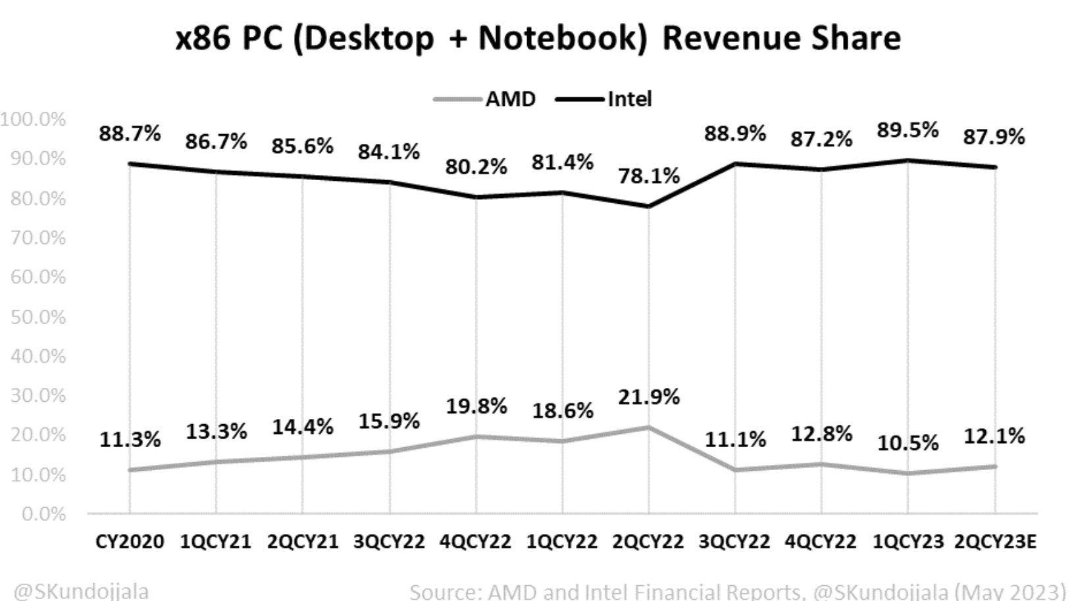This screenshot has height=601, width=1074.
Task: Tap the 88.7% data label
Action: tap(130, 133)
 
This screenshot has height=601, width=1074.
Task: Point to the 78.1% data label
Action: tap(648, 176)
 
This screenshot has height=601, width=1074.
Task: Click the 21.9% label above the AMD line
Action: tap(648, 397)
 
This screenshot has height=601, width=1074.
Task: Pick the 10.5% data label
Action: tap(908, 443)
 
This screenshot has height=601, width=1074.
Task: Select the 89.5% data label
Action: tap(908, 130)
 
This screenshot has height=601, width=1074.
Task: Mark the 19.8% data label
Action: tap(476, 406)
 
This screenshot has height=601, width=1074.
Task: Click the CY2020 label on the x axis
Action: tap(130, 542)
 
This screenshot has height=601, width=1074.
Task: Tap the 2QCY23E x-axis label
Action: tap(994, 542)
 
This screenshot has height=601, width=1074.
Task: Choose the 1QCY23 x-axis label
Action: tap(908, 542)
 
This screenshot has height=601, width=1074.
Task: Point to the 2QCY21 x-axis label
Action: tap(302, 542)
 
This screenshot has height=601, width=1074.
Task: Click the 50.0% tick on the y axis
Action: tap(38, 317)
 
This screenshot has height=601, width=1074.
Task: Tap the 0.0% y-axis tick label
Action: tap(43, 514)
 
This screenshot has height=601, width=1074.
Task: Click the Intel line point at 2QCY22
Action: tap(648, 206)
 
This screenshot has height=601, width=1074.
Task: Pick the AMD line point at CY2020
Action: tap(130, 469)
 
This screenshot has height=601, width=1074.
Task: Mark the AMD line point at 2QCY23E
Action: tap(994, 466)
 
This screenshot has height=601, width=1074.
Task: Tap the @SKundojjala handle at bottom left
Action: tap(81, 591)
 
